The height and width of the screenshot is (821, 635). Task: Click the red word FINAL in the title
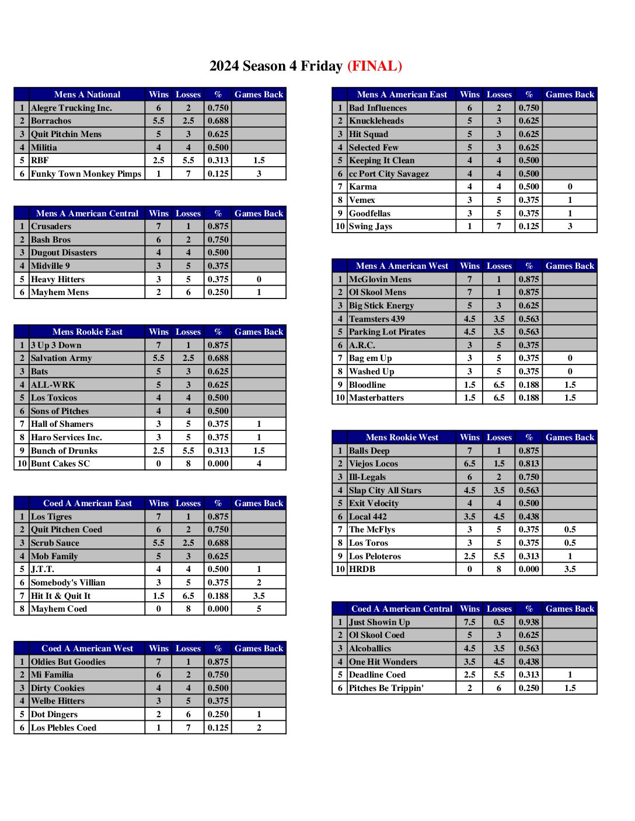[375, 66]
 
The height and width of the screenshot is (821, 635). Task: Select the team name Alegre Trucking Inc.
[71, 108]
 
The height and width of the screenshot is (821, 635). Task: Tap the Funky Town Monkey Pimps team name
[86, 174]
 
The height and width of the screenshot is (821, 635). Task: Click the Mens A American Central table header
[87, 213]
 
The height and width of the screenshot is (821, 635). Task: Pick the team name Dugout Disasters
[64, 252]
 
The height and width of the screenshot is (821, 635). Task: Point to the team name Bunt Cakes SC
[60, 464]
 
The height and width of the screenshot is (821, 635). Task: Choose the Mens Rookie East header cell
[87, 332]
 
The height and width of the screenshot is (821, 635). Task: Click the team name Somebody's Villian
[68, 583]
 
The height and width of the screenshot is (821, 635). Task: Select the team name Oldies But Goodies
[68, 662]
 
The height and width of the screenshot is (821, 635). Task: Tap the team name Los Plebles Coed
[63, 728]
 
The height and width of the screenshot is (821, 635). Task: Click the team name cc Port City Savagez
[389, 174]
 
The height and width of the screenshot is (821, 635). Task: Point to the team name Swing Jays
[370, 226]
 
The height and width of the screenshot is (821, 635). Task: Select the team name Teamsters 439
[376, 319]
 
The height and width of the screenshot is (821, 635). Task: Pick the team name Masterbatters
[376, 398]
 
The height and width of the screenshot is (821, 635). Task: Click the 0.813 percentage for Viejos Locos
[529, 464]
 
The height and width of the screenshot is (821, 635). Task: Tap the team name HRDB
[362, 569]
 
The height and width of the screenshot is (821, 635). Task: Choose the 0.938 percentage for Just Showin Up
[529, 622]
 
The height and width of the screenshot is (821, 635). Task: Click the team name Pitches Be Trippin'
[386, 688]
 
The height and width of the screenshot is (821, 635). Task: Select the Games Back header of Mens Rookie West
[570, 437]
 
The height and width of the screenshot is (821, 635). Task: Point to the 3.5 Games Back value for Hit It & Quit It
[259, 596]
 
